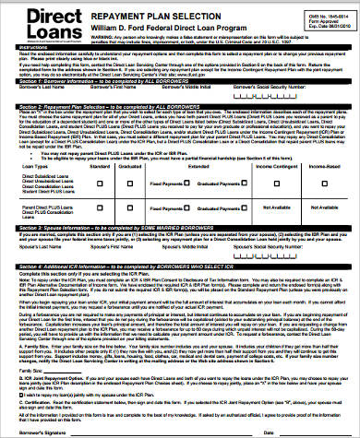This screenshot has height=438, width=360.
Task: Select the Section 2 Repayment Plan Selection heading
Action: click(92, 107)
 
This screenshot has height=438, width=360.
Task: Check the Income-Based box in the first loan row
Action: click(318, 183)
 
